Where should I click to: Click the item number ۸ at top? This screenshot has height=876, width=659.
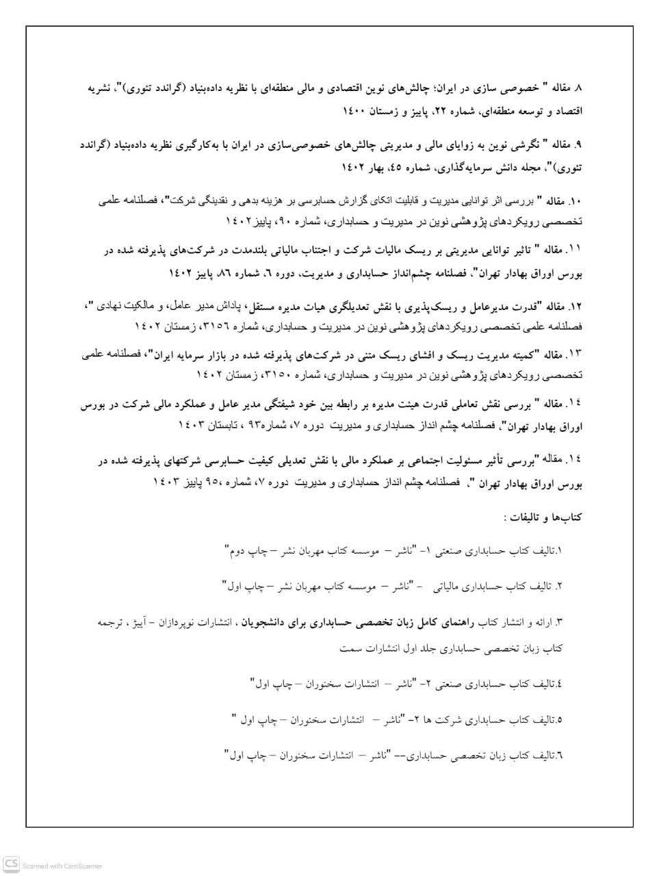(577, 89)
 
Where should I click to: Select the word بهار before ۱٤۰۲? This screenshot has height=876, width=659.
(372, 166)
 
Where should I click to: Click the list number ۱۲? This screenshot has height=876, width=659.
(574, 305)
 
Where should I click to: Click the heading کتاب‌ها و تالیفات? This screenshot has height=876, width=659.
(543, 518)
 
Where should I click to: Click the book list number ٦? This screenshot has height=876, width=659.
(559, 756)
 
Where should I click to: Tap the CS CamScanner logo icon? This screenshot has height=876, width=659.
(10, 864)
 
